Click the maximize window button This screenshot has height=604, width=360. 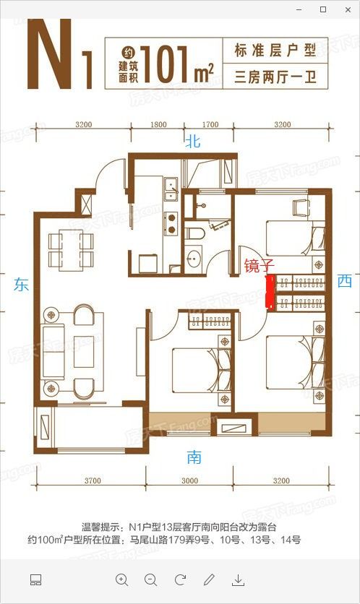click(322, 9)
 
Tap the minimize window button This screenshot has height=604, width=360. click(300, 9)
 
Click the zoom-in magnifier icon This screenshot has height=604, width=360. click(121, 579)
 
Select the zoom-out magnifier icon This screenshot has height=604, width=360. click(150, 579)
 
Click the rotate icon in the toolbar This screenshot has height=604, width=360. click(180, 579)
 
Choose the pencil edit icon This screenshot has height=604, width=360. click(210, 579)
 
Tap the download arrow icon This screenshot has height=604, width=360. click(239, 579)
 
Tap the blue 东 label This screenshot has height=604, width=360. click(22, 285)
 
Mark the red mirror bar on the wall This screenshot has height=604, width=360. click(270, 292)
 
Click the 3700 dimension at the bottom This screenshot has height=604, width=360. click(91, 481)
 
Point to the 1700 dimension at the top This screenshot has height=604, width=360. click(210, 125)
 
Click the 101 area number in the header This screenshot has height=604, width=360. click(167, 59)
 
